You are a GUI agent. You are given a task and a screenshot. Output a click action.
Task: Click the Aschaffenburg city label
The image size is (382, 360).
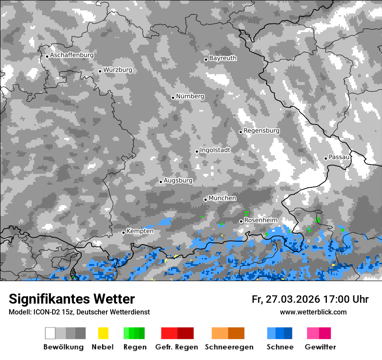72,55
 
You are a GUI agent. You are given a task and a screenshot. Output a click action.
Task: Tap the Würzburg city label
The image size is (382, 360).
118,70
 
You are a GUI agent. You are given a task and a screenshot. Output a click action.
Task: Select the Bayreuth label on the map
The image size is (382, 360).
223,58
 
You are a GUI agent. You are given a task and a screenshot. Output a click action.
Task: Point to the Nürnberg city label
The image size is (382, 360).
190,96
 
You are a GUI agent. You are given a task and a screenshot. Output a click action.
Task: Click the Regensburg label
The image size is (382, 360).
261,131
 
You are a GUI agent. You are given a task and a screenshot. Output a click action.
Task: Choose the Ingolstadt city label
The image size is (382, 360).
215,150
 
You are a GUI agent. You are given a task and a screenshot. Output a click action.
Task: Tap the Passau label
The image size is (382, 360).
339,157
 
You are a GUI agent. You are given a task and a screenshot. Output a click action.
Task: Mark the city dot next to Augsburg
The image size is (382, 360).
161,182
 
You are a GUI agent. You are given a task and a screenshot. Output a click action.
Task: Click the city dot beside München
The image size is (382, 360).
205,200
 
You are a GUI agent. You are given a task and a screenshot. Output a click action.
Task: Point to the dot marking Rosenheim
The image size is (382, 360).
241,221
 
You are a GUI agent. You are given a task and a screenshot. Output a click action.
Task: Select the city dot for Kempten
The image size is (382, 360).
123,232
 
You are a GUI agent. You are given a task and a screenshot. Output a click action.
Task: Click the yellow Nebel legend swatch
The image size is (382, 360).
103,333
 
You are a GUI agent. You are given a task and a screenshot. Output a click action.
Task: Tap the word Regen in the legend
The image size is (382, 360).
134,347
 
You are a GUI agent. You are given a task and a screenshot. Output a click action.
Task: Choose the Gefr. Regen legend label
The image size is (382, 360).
177,347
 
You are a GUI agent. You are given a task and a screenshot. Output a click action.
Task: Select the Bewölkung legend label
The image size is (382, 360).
63,347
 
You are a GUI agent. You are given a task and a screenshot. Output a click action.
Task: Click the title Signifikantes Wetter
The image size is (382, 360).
72,299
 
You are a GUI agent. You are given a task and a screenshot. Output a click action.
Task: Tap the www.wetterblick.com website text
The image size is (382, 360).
313,312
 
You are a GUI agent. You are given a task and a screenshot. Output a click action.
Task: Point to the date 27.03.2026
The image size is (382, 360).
293,299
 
